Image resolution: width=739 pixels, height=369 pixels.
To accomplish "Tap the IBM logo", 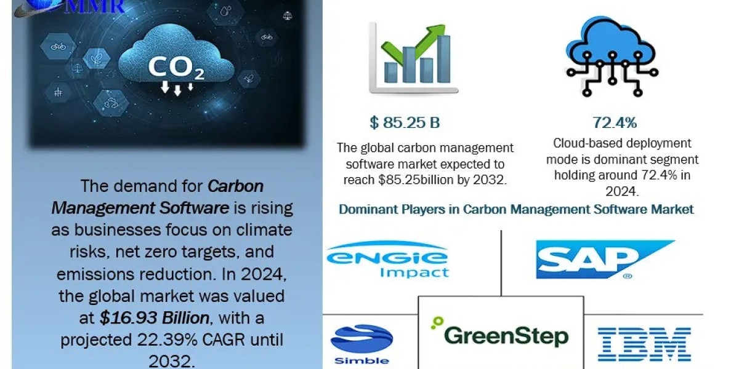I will pos(644,344).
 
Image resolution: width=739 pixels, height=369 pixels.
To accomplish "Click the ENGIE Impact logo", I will pos(387,260).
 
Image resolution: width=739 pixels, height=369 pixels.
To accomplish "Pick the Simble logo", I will pos(361,344).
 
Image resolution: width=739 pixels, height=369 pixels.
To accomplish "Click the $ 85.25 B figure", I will pos(405,123).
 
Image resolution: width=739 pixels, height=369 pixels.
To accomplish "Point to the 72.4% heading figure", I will pos(614,123).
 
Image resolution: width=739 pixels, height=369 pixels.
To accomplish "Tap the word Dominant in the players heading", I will pos(367,209).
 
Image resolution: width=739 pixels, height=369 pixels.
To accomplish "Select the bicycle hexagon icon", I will pos(59,46).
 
